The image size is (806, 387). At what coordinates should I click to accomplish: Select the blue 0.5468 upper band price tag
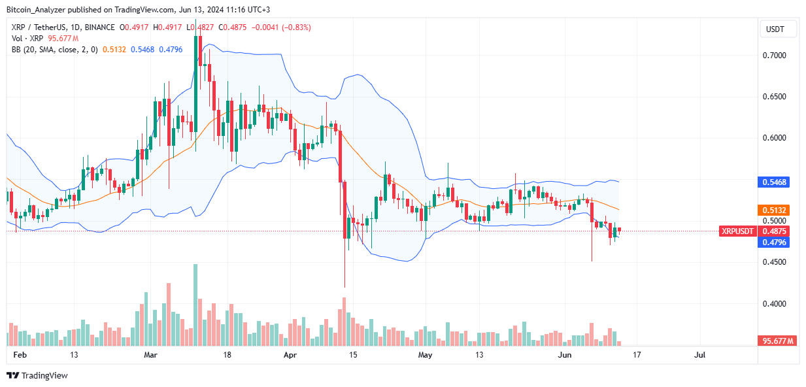(773, 181)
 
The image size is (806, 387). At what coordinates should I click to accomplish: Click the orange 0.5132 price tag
(773, 210)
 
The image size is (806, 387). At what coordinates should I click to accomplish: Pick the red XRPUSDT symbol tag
(737, 231)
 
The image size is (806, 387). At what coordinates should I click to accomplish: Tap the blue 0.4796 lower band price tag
(773, 242)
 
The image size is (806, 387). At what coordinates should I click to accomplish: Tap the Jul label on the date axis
(699, 355)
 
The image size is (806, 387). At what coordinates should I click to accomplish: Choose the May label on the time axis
(426, 355)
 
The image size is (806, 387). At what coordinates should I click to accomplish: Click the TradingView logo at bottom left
(37, 375)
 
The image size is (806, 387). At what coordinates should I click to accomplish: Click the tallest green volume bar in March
(195, 305)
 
